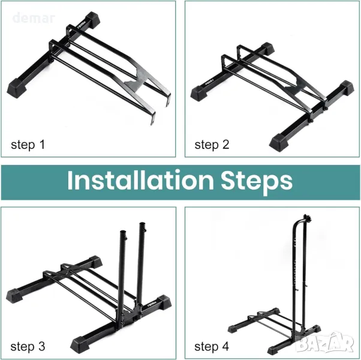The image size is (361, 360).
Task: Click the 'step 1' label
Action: [28, 145]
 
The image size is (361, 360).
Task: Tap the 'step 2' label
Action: [212, 145]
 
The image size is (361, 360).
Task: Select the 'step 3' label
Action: [28, 347]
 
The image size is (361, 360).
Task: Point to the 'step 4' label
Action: [212, 347]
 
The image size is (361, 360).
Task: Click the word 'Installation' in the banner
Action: [140, 181]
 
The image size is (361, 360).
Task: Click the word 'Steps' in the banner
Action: [257, 182]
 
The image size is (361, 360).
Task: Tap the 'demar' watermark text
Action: [34, 18]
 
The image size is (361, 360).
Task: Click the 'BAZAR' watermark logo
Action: [325, 343]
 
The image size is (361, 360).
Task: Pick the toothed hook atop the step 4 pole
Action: [308, 217]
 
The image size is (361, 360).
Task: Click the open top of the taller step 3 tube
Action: [142, 224]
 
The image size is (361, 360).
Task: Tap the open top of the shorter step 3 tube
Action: [123, 232]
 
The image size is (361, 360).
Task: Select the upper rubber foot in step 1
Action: [92, 20]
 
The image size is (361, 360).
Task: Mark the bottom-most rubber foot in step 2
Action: [280, 142]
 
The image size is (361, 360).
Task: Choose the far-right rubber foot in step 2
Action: [346, 88]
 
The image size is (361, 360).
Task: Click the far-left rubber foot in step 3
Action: [14, 296]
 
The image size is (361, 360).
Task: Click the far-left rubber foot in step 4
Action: [233, 329]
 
